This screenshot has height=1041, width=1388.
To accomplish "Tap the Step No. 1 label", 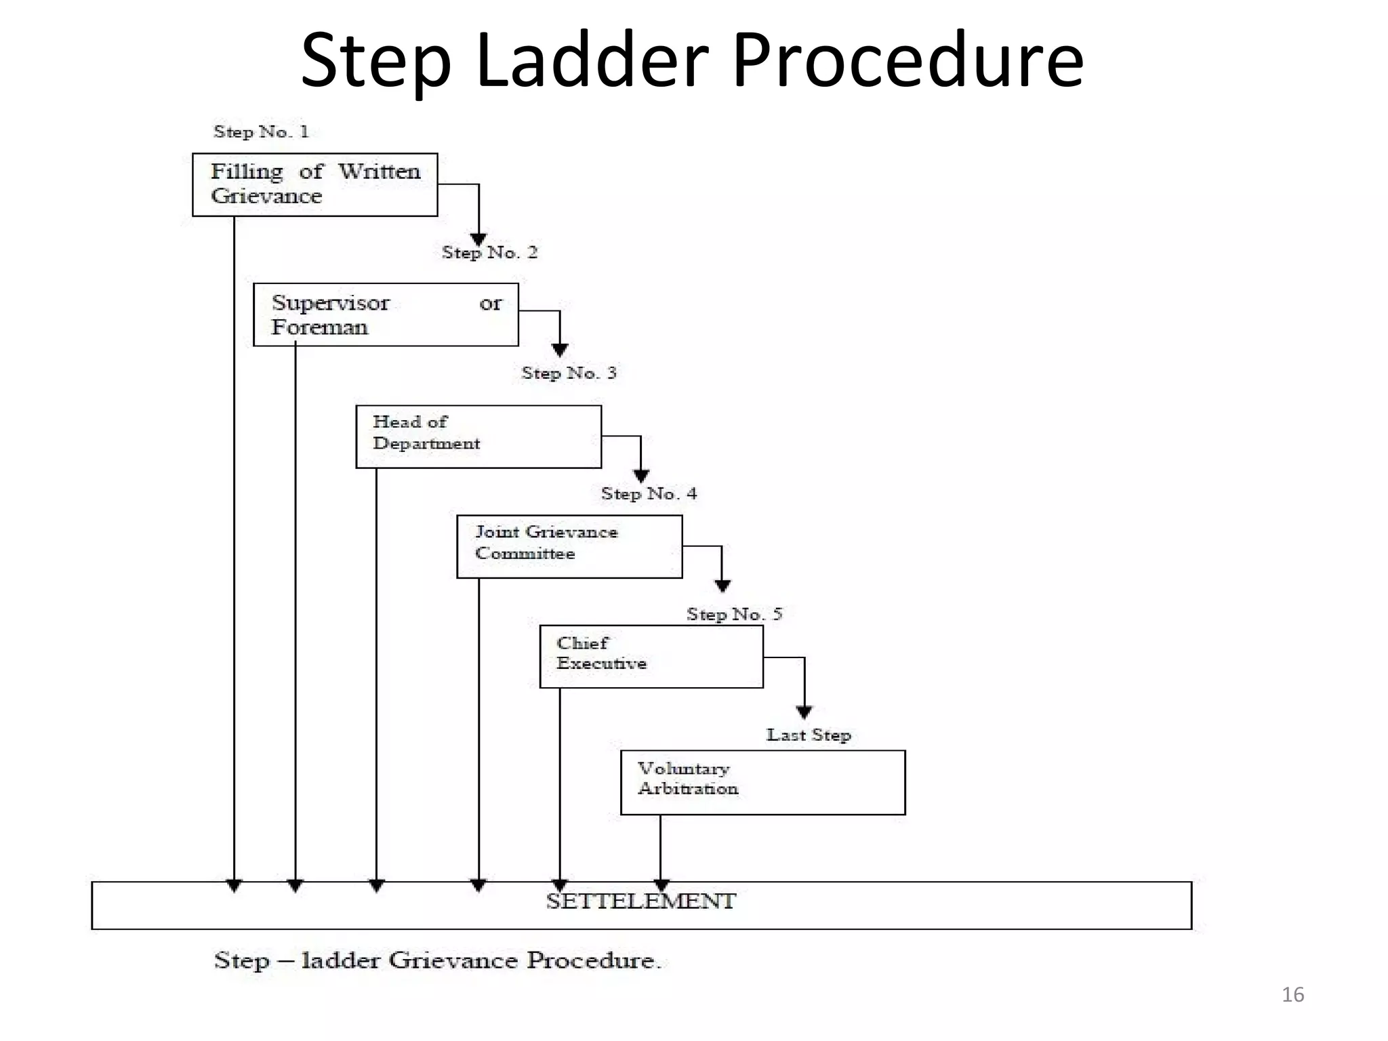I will (261, 131).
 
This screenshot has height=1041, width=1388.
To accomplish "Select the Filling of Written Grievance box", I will (314, 184).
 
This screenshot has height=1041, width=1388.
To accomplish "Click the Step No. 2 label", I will (489, 253).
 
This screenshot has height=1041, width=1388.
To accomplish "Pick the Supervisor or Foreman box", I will (386, 314).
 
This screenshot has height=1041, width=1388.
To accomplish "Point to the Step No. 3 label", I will (569, 373).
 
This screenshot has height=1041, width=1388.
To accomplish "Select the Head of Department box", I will (478, 436).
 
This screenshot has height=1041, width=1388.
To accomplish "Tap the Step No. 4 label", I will (649, 494).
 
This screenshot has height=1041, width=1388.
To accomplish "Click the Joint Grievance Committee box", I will (569, 546).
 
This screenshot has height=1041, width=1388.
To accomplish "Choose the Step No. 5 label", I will (734, 615).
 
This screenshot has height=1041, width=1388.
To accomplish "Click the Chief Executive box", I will (651, 656).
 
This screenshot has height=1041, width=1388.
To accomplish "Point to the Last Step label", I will (809, 735).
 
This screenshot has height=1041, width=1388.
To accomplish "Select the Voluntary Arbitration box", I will (762, 782).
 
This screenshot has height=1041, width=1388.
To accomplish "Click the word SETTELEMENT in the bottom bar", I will (640, 902).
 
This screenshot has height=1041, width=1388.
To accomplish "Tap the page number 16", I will (1292, 994).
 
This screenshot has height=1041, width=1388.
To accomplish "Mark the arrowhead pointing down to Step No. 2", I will (478, 239).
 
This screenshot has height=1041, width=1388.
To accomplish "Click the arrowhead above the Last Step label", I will (804, 712).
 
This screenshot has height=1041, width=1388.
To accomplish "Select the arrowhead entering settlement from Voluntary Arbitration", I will (661, 885).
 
